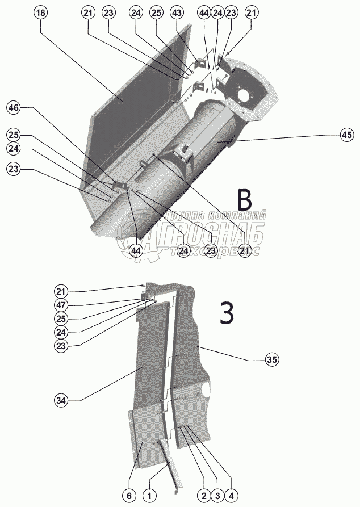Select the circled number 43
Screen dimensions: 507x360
177,12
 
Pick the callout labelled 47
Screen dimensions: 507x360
61,305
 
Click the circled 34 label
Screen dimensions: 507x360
61,401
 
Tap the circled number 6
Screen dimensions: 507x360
129,496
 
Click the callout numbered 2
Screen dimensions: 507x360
203,496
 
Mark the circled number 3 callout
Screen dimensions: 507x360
216,496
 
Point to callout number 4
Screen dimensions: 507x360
230,496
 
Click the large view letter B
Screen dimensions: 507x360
244,200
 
